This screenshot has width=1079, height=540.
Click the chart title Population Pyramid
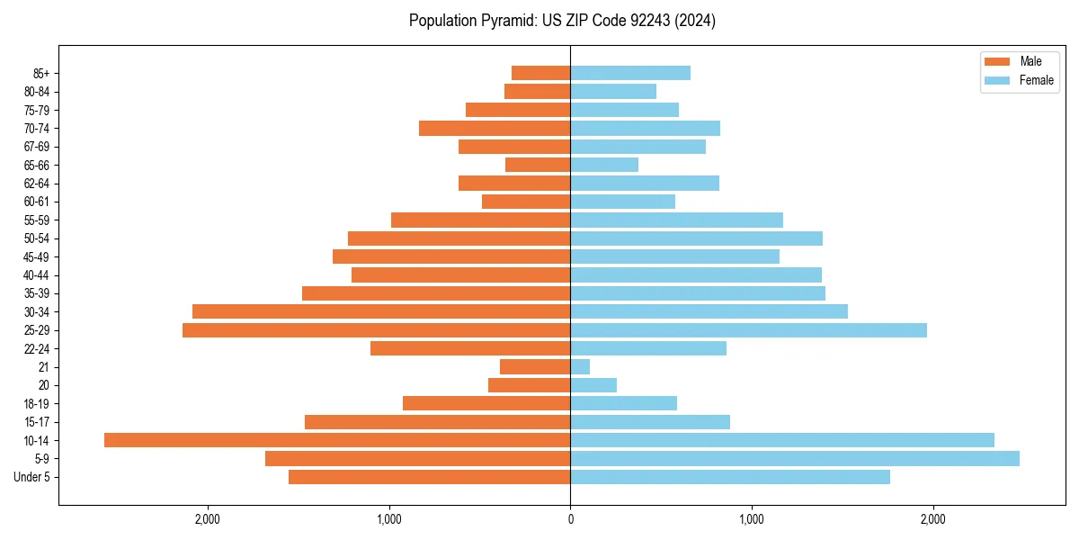point(562,21)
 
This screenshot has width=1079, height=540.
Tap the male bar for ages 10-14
point(337,440)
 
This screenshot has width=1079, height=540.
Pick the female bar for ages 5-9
point(795,459)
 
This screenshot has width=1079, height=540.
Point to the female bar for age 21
point(580,367)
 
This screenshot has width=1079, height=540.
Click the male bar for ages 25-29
point(376,330)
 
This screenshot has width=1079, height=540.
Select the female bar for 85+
point(630,73)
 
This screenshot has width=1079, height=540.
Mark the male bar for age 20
point(529,385)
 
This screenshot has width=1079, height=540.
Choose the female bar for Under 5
point(730,477)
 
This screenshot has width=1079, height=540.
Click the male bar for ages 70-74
point(495,128)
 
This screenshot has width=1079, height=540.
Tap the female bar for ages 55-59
point(676,220)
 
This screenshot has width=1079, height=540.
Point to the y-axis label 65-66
point(37,165)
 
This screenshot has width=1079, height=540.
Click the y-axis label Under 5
point(32,477)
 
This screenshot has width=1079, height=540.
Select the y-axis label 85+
point(41,73)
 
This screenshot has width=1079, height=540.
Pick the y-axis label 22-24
point(37,348)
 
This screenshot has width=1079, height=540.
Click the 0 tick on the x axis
point(570,518)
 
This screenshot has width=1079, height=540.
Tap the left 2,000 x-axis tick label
point(208,518)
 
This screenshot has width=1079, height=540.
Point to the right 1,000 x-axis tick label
point(751,518)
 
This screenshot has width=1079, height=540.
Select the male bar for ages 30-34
point(381,311)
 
